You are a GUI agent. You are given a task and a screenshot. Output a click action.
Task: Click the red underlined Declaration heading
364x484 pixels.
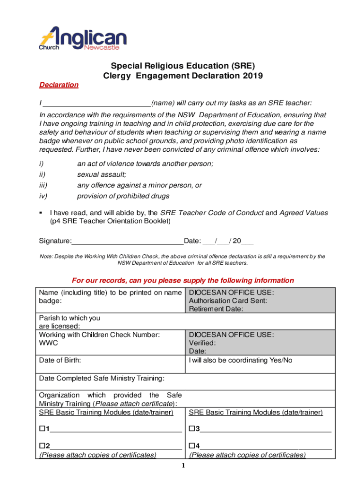58,85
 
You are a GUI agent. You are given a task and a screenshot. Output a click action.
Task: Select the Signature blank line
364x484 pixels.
128,241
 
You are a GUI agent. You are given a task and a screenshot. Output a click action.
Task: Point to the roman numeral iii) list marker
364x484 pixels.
43,186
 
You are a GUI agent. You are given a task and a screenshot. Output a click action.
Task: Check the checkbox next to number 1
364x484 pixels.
42,429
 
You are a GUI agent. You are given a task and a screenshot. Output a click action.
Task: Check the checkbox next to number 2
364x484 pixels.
42,445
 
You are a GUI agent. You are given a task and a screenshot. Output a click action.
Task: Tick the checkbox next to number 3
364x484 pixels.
192,429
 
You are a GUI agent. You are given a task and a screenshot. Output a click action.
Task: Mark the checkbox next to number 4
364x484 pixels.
192,445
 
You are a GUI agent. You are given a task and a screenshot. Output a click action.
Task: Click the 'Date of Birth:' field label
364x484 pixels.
60,360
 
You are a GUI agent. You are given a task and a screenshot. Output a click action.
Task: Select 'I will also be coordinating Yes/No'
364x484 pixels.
240,360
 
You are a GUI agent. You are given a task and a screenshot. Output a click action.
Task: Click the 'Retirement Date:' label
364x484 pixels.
216,309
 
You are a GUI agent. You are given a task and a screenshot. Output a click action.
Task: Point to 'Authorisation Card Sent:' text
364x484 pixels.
228,301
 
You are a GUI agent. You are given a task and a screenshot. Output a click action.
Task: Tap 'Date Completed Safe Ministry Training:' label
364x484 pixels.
102,378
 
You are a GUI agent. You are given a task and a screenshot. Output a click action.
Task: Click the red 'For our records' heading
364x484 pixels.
182,280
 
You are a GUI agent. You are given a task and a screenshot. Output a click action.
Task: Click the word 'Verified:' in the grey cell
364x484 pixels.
202,343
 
